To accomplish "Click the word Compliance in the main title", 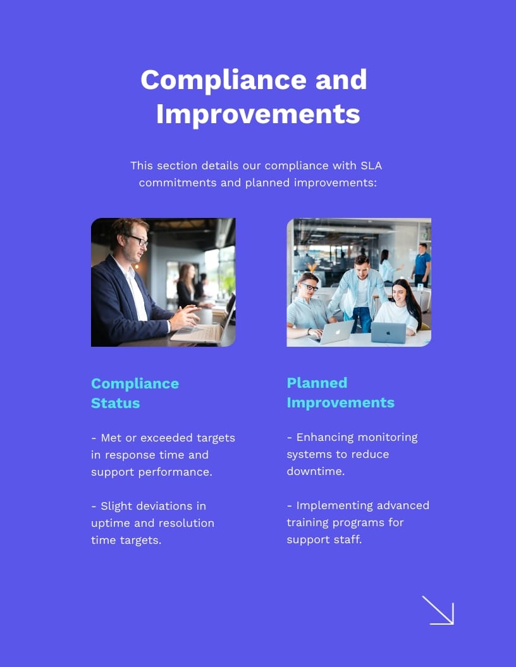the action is tap(223, 80).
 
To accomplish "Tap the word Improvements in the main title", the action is tap(258, 114).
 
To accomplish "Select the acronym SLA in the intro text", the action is tap(371, 165).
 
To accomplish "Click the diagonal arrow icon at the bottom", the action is tap(438, 610).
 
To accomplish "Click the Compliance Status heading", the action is tap(135, 393).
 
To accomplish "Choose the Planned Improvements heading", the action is tap(341, 393).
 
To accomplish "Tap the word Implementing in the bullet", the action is tap(328, 506).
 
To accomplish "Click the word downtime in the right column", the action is tap(316, 471).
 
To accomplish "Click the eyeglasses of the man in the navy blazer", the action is tap(138, 239).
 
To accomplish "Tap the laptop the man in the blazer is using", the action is tap(204, 323).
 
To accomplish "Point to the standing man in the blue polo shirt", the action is tap(422, 265).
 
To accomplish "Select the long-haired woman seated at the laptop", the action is tap(398, 306).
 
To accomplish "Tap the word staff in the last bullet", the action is tap(350, 539).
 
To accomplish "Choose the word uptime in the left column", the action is tap(111, 524).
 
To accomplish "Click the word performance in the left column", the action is tap(175, 472).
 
